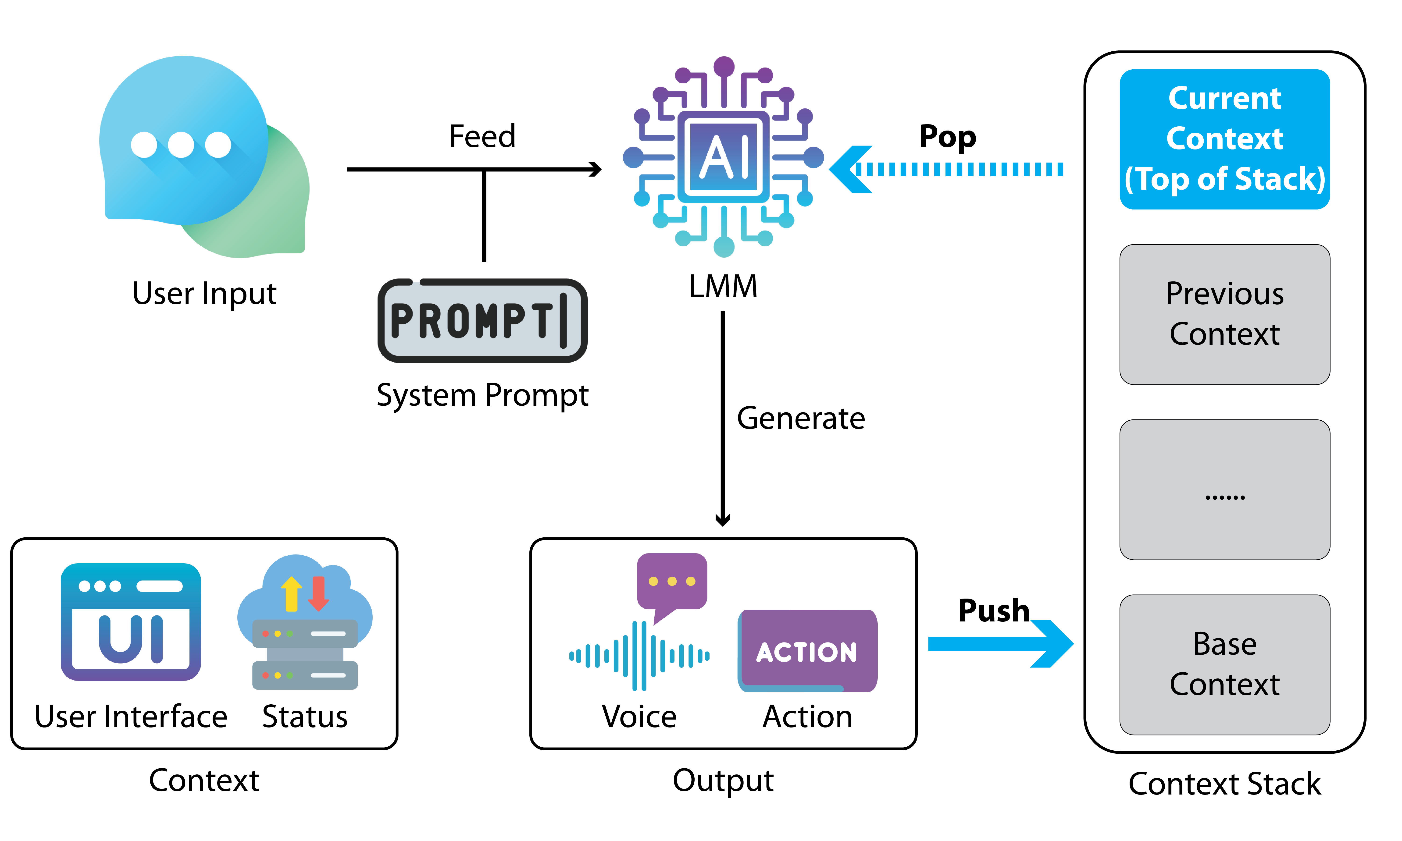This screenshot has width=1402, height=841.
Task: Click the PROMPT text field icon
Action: tap(482, 321)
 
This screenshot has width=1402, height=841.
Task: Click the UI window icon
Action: tap(131, 622)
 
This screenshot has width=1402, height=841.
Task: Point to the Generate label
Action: tap(800, 418)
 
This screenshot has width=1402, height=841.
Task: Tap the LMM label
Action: tap(723, 286)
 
